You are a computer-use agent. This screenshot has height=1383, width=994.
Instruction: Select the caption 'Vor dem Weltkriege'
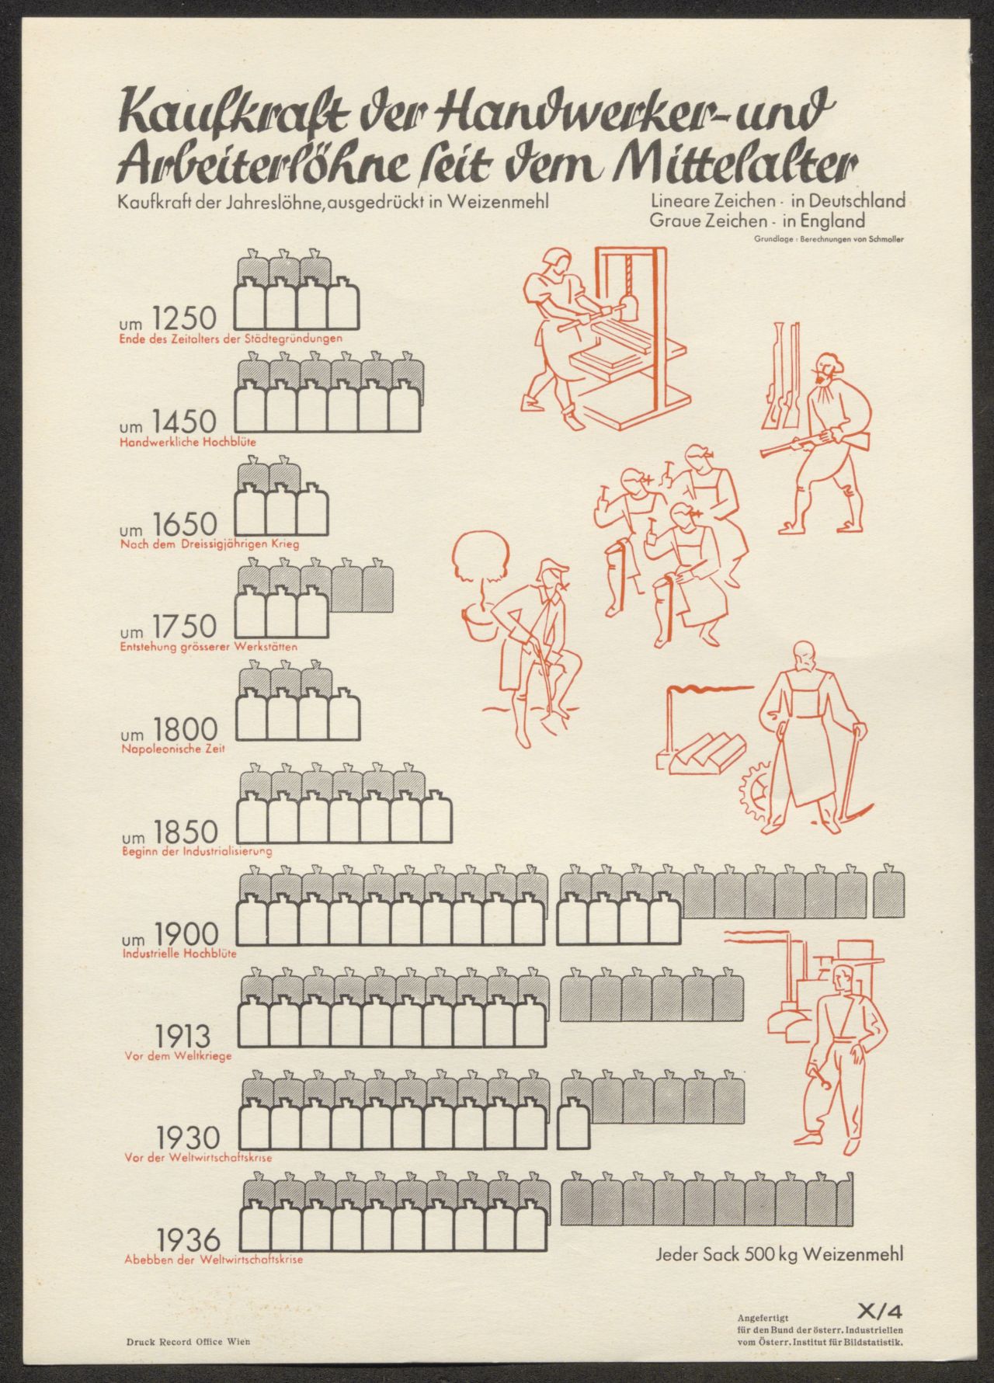coord(178,1056)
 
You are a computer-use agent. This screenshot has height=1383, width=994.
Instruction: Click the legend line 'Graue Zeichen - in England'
coord(759,221)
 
